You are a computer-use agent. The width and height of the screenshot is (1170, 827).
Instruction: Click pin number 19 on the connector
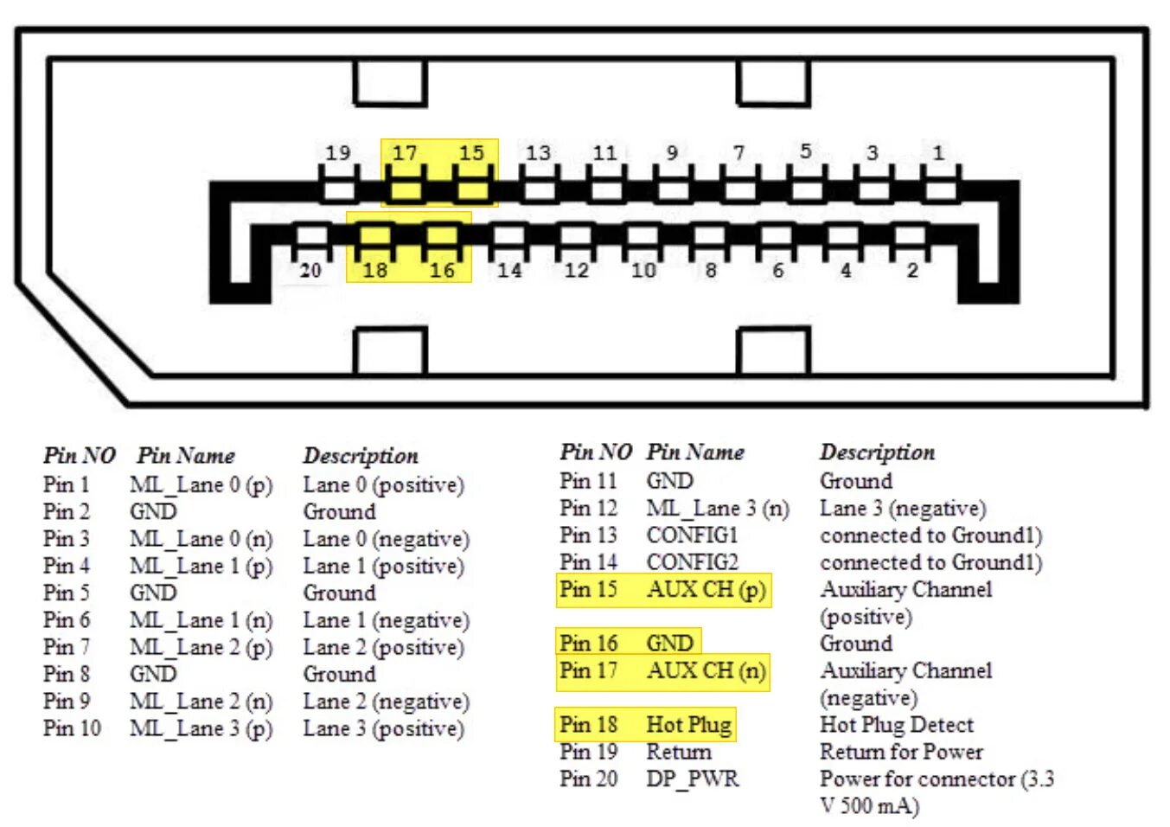tap(338, 153)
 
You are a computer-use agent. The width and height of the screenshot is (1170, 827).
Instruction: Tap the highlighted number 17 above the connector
tap(405, 153)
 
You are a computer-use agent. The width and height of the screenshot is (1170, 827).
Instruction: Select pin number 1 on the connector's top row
tap(938, 153)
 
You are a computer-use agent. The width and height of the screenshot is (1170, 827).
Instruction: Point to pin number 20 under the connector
tap(310, 271)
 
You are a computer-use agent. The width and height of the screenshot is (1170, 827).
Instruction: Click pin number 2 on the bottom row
tap(912, 271)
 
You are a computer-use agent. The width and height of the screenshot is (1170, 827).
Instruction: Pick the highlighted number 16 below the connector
tap(442, 271)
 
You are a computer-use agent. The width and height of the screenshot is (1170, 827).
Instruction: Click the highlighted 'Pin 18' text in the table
tap(588, 724)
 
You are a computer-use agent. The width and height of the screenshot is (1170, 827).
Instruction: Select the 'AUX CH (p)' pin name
tap(706, 589)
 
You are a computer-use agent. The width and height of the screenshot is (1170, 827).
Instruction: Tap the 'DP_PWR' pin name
tap(692, 779)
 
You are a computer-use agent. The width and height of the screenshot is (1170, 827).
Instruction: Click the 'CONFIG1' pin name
tap(692, 535)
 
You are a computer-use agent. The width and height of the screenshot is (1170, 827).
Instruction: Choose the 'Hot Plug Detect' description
tap(896, 725)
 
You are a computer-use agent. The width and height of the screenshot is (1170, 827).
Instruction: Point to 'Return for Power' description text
tap(901, 752)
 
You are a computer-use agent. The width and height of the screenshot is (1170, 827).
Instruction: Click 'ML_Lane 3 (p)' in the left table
tap(201, 728)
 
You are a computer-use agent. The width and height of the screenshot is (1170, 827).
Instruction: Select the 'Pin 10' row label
tap(72, 728)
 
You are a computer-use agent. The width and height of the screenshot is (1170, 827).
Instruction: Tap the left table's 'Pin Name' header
tap(186, 455)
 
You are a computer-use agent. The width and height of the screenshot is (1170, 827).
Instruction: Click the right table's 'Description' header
tap(877, 452)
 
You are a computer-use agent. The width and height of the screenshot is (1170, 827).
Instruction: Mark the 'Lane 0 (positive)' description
tap(383, 484)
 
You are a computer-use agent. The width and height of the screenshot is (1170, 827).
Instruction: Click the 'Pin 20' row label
tap(588, 779)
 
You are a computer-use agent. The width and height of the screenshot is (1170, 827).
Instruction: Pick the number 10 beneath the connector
tap(643, 271)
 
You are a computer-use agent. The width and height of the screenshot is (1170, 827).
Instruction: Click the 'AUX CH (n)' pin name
tap(706, 670)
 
